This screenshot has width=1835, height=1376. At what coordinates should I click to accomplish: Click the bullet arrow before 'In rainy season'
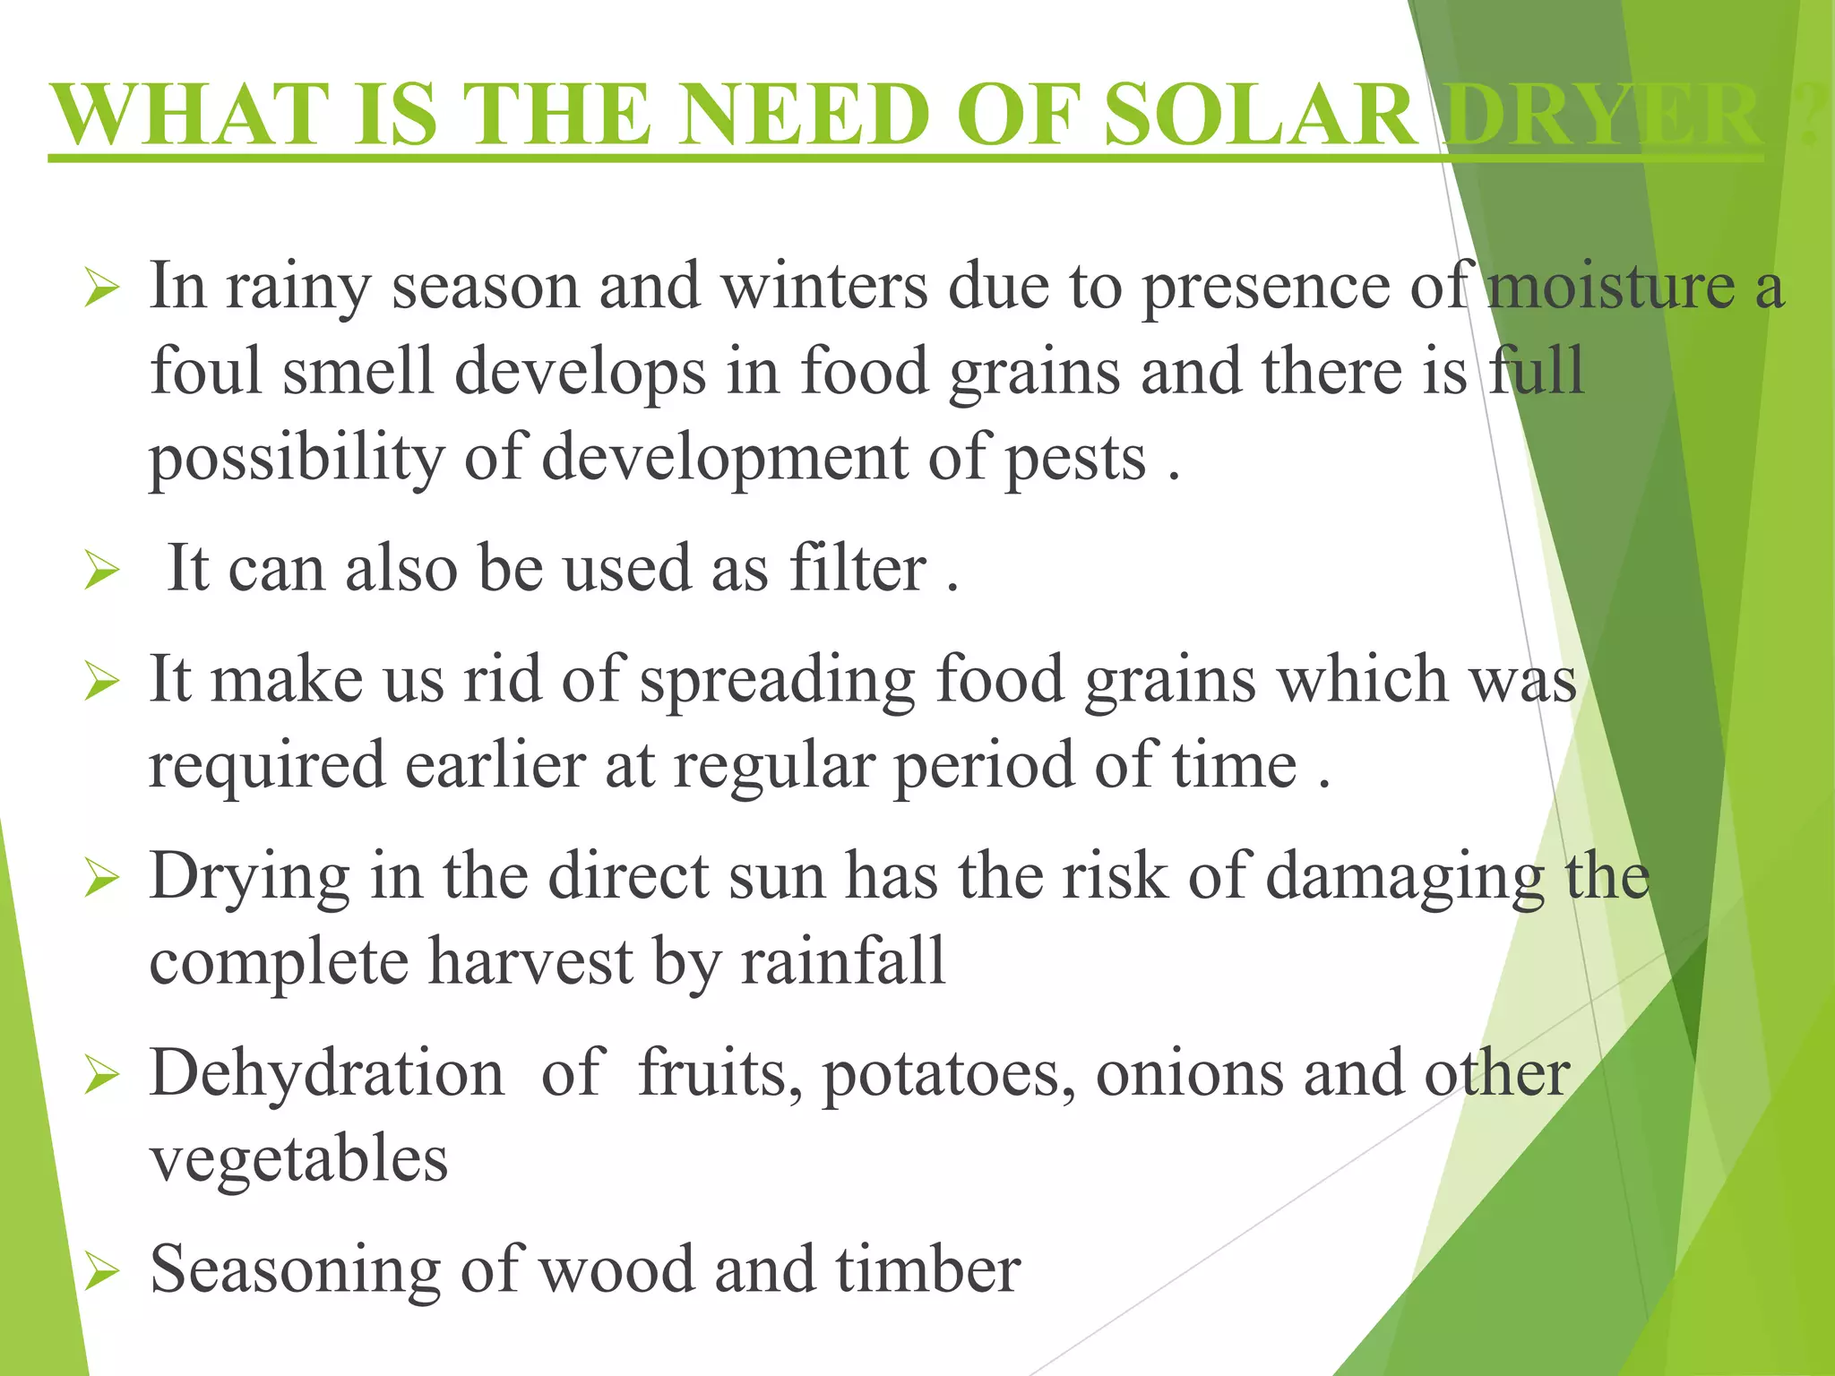click(x=101, y=290)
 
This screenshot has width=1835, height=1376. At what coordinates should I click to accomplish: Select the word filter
click(x=857, y=569)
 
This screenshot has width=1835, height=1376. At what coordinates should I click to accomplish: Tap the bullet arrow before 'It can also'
click(x=101, y=572)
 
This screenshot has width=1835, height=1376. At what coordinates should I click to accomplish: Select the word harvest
click(x=530, y=961)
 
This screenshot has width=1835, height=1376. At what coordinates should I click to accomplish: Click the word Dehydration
click(x=327, y=1072)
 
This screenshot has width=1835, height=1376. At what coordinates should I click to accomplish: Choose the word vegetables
click(x=298, y=1159)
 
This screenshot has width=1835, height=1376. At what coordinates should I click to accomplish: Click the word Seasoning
click(x=295, y=1271)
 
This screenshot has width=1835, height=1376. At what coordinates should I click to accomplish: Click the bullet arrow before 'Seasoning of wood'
click(x=101, y=1273)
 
